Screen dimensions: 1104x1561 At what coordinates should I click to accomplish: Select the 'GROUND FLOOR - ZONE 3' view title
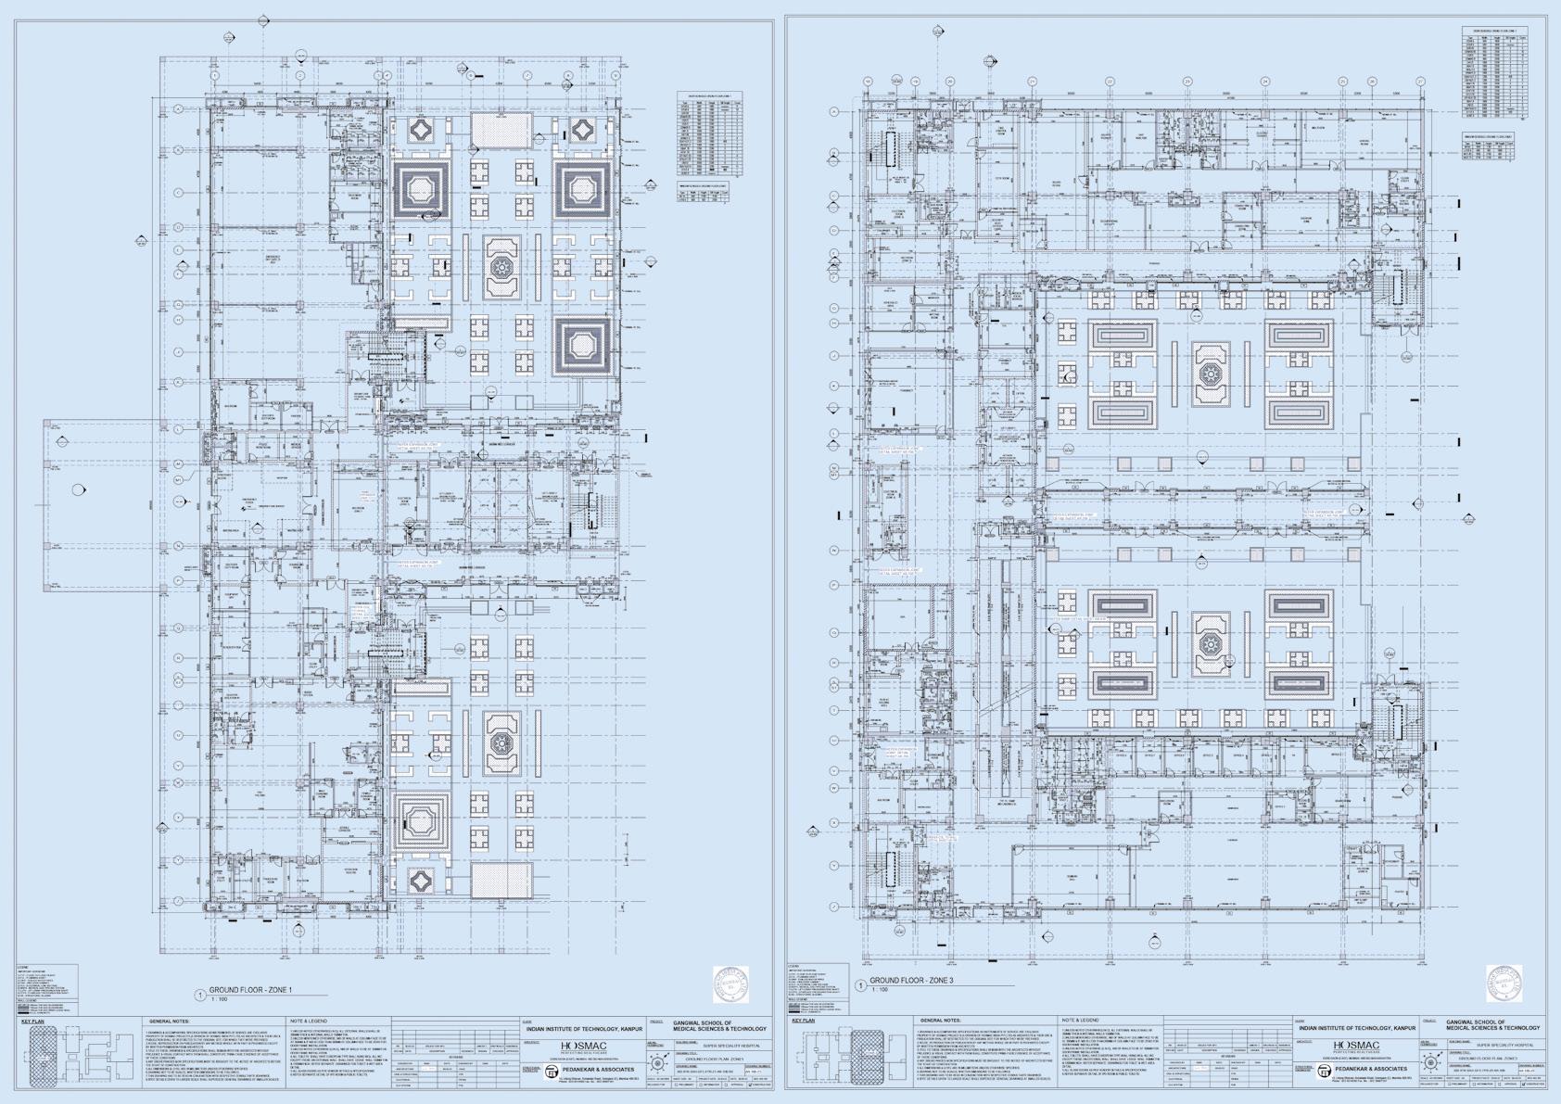pyautogui.click(x=913, y=980)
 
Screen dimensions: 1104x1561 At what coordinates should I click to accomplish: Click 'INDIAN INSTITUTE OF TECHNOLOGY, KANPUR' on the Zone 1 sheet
pyautogui.click(x=584, y=1029)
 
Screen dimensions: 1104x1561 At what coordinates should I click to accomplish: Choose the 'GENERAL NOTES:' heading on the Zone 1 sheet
pyautogui.click(x=168, y=1022)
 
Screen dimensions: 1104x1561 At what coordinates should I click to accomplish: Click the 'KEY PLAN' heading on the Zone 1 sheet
pyautogui.click(x=32, y=1022)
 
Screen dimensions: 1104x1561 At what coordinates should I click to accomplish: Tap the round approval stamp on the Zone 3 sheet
pyautogui.click(x=1504, y=983)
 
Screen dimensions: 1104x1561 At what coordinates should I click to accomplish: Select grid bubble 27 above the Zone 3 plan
pyautogui.click(x=1420, y=82)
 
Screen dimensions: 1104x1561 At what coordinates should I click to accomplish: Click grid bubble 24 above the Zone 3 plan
pyautogui.click(x=1265, y=82)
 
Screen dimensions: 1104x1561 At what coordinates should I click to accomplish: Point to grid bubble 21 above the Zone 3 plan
pyautogui.click(x=1032, y=82)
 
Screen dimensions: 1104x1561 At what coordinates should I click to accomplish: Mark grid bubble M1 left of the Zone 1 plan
pyautogui.click(x=179, y=480)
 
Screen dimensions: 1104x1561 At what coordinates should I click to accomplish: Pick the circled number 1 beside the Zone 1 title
pyautogui.click(x=200, y=995)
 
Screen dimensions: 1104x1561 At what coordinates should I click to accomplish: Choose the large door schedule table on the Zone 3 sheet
pyautogui.click(x=1494, y=74)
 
